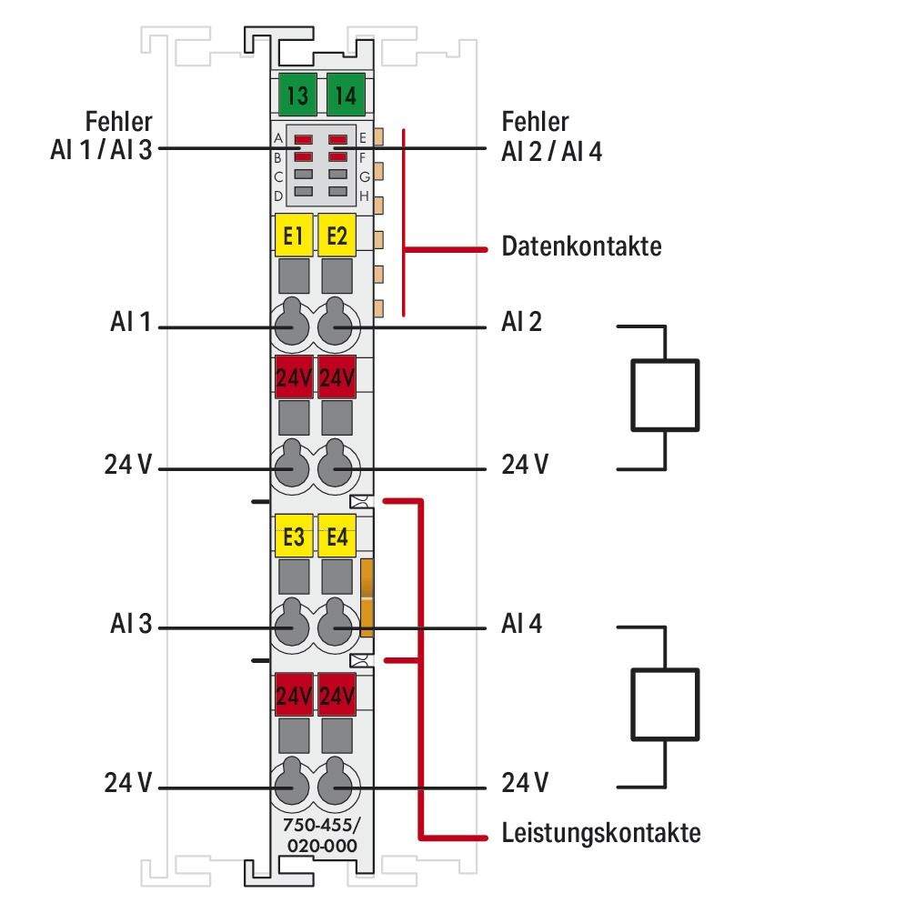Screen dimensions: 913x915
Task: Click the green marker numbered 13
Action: click(x=297, y=95)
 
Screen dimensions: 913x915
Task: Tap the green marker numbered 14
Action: click(x=345, y=95)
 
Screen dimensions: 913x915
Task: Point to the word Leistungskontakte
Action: click(x=601, y=833)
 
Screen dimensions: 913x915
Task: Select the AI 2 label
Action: click(x=521, y=322)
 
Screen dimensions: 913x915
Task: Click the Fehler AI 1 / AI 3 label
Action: click(x=102, y=135)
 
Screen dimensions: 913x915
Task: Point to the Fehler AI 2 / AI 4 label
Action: click(x=551, y=135)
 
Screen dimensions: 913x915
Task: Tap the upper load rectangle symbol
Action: click(x=666, y=394)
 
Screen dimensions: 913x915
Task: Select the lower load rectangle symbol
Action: click(x=666, y=705)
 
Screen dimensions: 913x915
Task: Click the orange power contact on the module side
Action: click(x=367, y=597)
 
